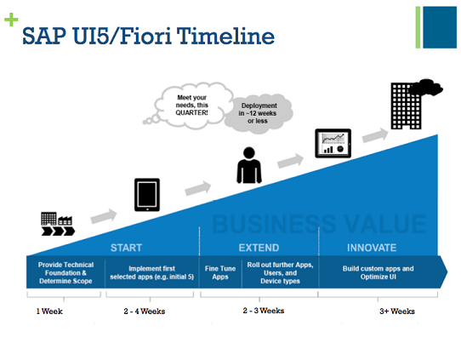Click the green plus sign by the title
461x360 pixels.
(x=11, y=20)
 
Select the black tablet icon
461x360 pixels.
(x=147, y=195)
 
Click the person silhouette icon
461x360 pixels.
(x=248, y=165)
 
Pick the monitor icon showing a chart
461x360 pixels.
(x=333, y=143)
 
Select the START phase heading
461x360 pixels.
(x=127, y=248)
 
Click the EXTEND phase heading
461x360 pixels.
(x=259, y=248)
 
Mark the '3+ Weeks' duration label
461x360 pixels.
(x=396, y=311)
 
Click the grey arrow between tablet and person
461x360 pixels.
(x=197, y=187)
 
